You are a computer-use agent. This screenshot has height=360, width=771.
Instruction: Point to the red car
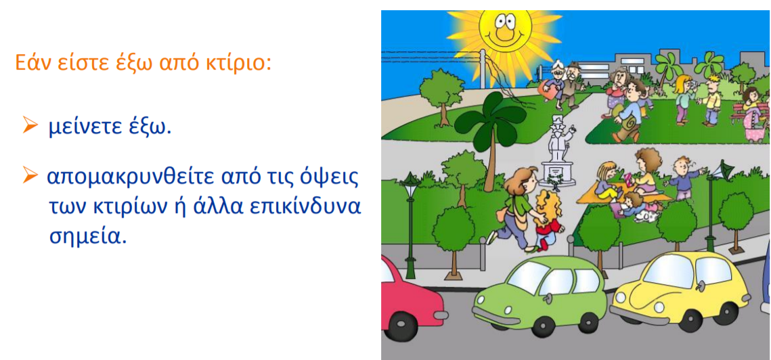click(x=410, y=299)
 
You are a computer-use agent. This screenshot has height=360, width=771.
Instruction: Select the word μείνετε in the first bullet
click(x=84, y=127)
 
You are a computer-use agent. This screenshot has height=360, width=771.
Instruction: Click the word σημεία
click(x=85, y=236)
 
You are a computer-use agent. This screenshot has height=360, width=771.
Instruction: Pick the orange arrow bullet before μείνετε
click(x=30, y=126)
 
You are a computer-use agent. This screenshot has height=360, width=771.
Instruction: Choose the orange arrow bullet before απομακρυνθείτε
click(x=30, y=175)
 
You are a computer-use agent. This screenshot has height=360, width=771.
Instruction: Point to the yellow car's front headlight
click(x=621, y=298)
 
